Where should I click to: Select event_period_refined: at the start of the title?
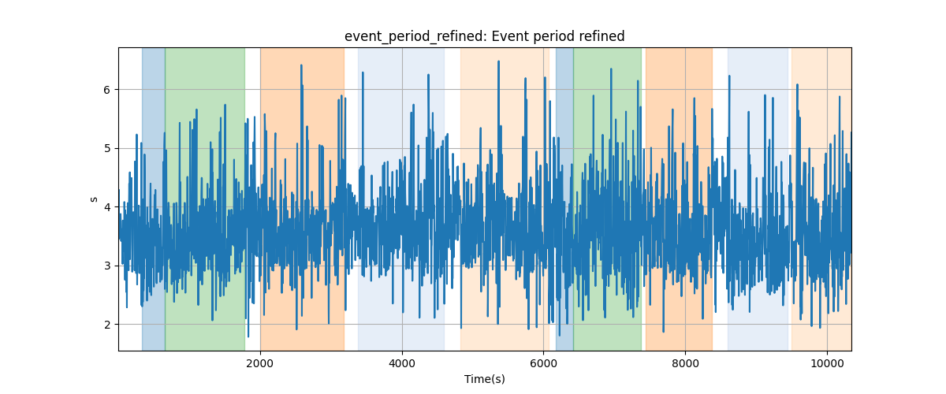tap(416, 37)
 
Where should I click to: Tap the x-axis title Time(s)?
tap(485, 379)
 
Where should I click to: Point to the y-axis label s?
tap(94, 199)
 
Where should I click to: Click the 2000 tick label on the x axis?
tap(260, 363)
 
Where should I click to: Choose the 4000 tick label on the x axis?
tap(401, 363)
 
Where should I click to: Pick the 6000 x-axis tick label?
tap(543, 363)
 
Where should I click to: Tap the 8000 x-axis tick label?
tap(685, 363)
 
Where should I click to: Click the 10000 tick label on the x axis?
tap(827, 363)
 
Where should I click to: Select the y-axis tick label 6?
tap(106, 90)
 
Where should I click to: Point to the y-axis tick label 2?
tap(106, 325)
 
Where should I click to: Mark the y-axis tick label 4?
tap(106, 207)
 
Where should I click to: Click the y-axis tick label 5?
tap(106, 149)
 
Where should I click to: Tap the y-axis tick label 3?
tap(106, 266)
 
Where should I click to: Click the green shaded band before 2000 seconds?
tap(205, 199)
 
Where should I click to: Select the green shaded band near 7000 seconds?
tap(607, 199)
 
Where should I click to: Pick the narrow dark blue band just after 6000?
tap(564, 199)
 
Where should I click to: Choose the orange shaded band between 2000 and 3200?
tap(303, 199)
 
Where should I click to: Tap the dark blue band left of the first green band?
tap(153, 199)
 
